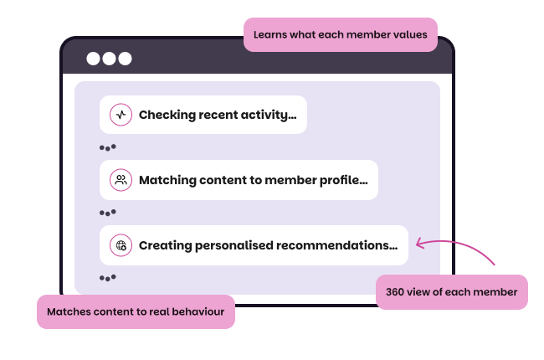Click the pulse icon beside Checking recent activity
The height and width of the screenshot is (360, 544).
121,115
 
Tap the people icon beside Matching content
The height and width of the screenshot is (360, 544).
121,180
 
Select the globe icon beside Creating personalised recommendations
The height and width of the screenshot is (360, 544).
121,245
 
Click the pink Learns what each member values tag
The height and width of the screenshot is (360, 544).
340,35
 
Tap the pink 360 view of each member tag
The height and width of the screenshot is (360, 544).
452,292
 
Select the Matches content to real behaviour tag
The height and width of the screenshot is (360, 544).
136,311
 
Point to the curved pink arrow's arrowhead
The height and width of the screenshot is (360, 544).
419,244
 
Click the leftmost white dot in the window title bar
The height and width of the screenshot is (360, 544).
94,59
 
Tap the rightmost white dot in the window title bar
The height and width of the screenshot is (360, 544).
125,59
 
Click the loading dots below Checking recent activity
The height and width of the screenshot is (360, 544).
107,147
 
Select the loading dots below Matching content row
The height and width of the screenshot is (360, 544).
107,213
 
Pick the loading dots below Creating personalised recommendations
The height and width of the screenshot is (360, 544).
107,277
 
